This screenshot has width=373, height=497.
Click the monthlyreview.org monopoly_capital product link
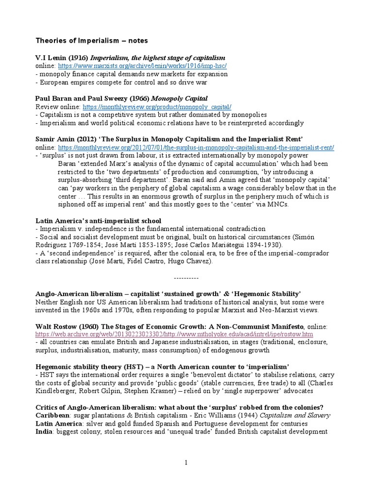[x=157, y=106]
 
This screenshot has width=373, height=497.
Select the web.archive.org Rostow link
[x=174, y=334]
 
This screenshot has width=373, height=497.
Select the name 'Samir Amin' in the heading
[x=55, y=139]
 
